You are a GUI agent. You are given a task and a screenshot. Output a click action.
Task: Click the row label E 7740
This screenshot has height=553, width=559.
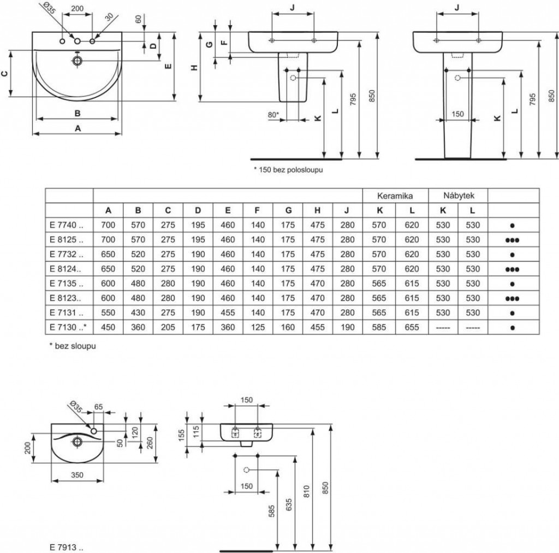[x=66, y=225]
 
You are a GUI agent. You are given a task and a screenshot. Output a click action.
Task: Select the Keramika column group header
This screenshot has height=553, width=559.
[x=395, y=196]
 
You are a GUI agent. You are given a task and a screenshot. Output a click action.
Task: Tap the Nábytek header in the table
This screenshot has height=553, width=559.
[x=459, y=196]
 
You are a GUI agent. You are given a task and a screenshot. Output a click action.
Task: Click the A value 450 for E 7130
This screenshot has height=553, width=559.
[x=108, y=327]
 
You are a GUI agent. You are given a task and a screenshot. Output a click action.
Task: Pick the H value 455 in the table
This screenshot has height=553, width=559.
[x=317, y=327]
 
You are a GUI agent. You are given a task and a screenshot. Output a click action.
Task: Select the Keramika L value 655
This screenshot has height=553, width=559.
[x=412, y=327]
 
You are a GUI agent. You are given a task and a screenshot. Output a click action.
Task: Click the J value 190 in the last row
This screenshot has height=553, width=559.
[x=347, y=327]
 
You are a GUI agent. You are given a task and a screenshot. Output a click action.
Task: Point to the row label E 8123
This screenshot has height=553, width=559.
[x=66, y=298]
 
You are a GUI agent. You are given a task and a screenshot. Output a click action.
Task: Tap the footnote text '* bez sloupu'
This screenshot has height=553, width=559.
[x=73, y=346]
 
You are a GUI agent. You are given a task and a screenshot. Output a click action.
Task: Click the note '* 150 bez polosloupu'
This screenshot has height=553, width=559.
[x=288, y=170]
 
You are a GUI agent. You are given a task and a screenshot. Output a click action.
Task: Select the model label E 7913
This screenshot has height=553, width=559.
[x=66, y=548]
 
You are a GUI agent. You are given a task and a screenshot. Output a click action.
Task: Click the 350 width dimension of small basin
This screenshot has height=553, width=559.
[x=77, y=475]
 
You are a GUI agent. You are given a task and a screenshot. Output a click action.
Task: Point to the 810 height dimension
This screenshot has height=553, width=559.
[x=306, y=491]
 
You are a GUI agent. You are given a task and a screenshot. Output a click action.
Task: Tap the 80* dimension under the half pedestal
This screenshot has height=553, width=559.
[x=273, y=115]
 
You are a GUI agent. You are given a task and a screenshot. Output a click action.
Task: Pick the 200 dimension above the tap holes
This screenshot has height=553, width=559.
[x=78, y=9]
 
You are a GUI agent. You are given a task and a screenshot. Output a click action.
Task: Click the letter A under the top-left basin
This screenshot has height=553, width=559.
[x=78, y=128]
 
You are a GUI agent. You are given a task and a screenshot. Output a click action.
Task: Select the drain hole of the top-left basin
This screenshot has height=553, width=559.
[x=77, y=61]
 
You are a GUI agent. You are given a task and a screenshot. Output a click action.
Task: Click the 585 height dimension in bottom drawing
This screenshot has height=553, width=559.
[x=272, y=511]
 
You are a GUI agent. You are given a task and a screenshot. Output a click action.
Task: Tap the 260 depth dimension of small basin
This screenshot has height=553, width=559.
[x=150, y=443]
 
